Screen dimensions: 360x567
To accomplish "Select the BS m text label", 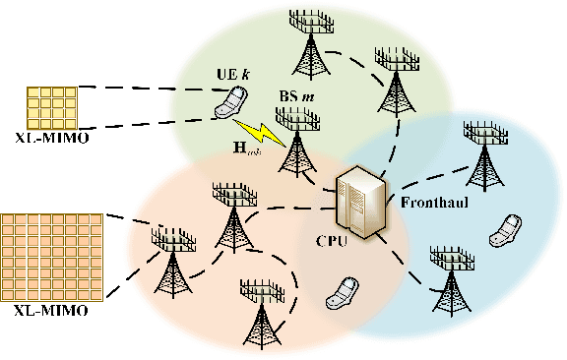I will click(297, 98).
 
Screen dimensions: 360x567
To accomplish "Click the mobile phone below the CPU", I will click(344, 291).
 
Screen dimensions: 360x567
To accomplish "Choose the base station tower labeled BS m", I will click(296, 143).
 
